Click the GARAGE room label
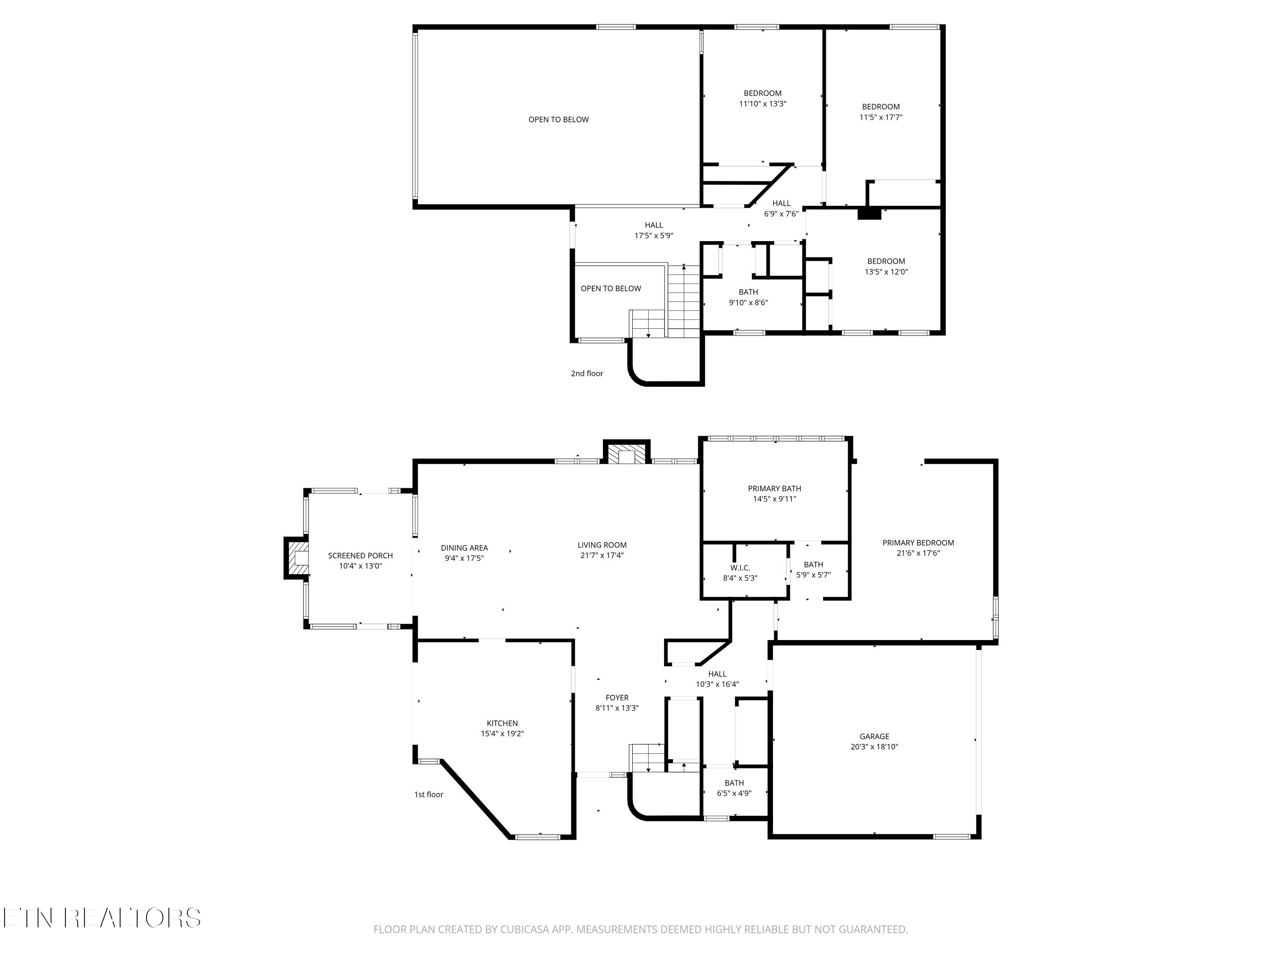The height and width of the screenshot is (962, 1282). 874,736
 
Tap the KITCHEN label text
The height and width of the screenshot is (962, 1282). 502,723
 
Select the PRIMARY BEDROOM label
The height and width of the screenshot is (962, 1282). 918,543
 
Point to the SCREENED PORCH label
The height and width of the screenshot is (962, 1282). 361,555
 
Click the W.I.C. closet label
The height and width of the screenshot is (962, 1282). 740,568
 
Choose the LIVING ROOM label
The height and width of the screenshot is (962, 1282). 602,545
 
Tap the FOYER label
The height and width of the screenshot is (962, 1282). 617,698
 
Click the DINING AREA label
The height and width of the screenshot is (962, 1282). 464,548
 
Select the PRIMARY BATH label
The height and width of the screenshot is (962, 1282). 774,489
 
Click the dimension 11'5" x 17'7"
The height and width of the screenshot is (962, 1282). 881,117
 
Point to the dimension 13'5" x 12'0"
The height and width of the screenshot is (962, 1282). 886,271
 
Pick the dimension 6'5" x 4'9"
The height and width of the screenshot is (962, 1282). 734,793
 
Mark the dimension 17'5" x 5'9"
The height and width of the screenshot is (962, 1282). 654,236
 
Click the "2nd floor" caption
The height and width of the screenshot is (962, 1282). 587,373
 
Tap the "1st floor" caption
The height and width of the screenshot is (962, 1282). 429,794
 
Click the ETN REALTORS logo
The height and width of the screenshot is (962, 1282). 102,918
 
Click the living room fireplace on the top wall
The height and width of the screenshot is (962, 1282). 626,452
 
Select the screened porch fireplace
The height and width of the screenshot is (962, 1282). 296,558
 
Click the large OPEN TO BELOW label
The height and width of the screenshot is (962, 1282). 559,119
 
